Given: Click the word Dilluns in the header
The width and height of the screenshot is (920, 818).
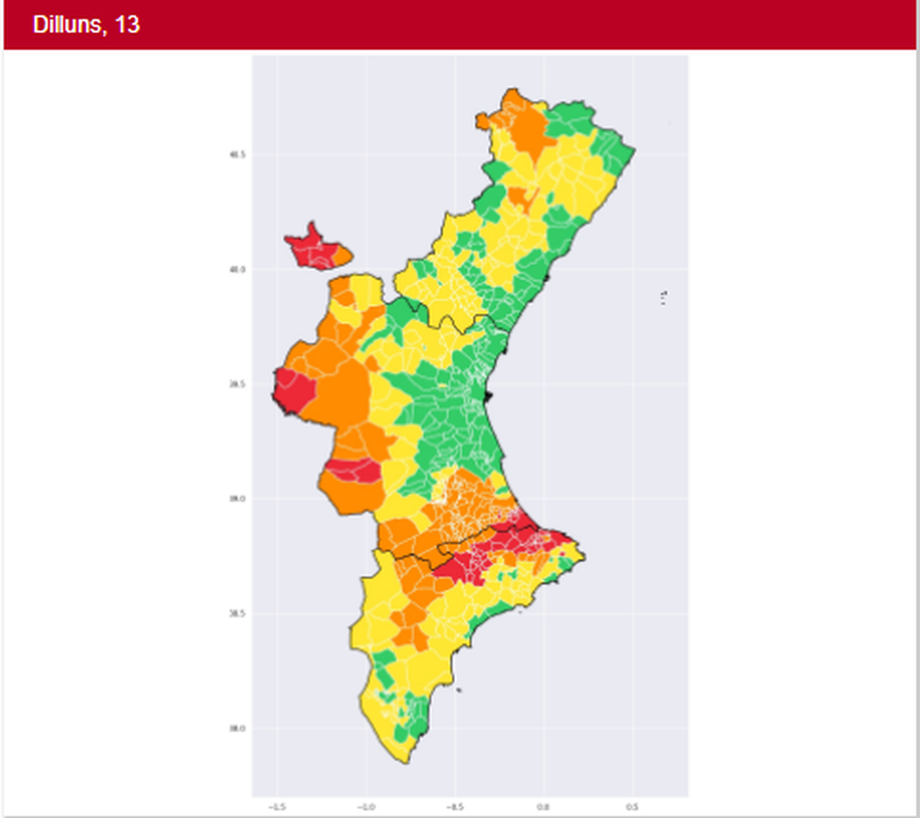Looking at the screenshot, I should tap(67, 25).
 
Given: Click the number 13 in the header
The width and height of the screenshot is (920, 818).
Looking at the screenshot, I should tap(126, 25).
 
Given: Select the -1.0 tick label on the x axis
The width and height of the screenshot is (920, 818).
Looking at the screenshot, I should tap(366, 807).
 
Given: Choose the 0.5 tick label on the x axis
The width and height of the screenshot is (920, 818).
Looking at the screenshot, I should tap(632, 807).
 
